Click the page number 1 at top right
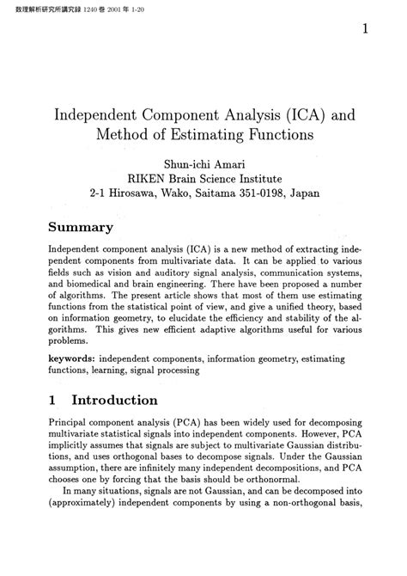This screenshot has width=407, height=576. (366, 29)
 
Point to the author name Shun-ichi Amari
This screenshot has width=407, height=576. (204, 164)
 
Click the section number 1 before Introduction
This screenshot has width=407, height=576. (53, 401)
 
